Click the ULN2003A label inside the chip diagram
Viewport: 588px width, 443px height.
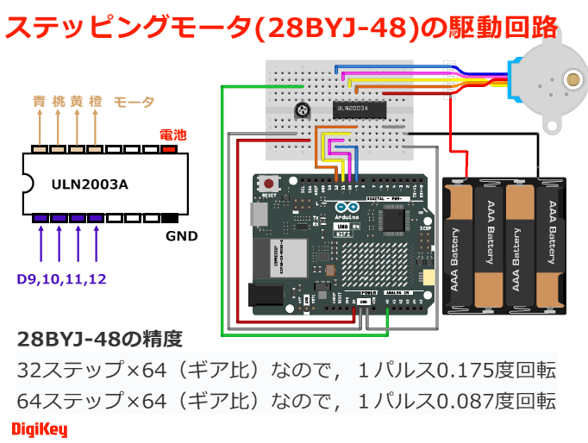[90, 184]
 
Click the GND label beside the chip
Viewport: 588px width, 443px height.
[182, 236]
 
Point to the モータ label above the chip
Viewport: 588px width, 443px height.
[134, 102]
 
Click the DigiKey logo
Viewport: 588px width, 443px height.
[40, 428]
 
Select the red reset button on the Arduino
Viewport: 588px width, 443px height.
[270, 184]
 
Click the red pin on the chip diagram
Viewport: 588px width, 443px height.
[170, 148]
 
